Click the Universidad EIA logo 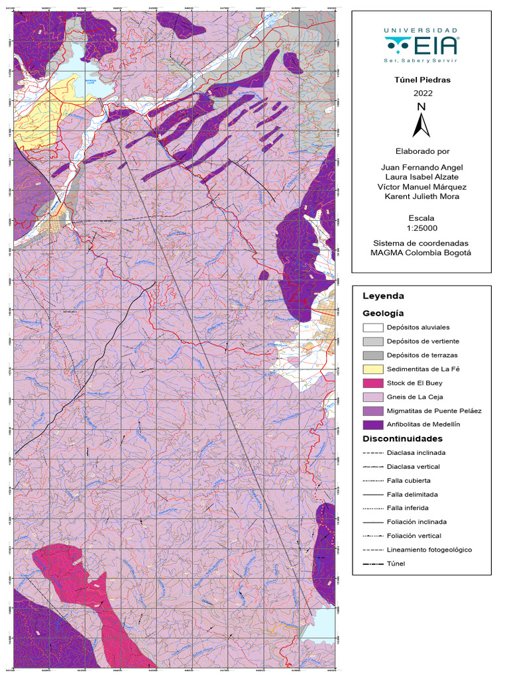coord(421,45)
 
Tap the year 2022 coord(422,93)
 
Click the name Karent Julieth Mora coord(422,196)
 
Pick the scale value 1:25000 coord(422,227)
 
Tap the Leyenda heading coord(383,296)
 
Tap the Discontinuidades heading coord(402,439)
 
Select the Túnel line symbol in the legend coord(374,564)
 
